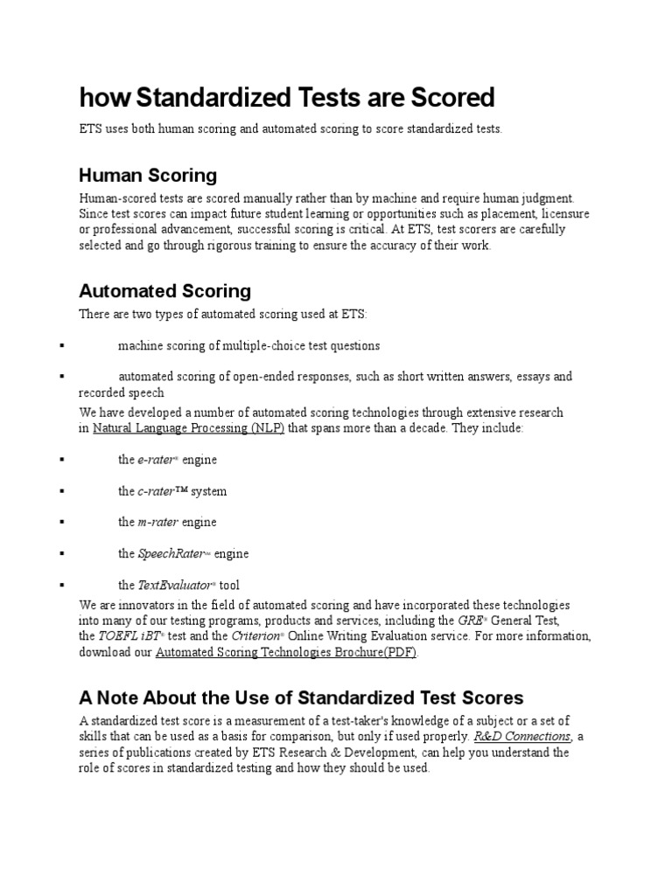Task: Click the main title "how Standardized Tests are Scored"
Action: pos(287,97)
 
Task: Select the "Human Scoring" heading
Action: pos(148,175)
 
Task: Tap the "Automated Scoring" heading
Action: pos(164,290)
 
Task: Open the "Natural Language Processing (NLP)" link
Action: pos(189,428)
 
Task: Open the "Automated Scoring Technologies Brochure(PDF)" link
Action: pos(286,652)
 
